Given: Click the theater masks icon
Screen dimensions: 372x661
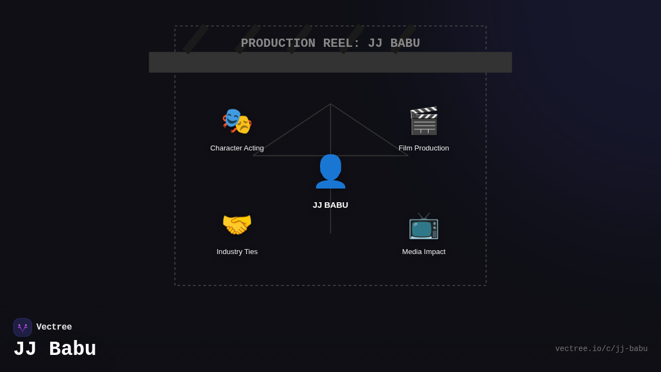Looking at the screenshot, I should pyautogui.click(x=237, y=121).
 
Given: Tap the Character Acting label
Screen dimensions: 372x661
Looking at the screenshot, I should pyautogui.click(x=237, y=148).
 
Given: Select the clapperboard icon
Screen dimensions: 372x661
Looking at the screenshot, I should pyautogui.click(x=424, y=121).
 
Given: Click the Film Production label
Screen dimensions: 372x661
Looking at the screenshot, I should pyautogui.click(x=424, y=148).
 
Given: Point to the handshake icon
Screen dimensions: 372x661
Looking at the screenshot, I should pyautogui.click(x=237, y=224).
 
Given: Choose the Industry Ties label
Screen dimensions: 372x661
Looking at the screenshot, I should pyautogui.click(x=237, y=252).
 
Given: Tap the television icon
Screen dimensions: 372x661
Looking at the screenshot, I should pyautogui.click(x=424, y=225).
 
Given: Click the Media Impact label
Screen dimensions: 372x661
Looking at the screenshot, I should pyautogui.click(x=424, y=252).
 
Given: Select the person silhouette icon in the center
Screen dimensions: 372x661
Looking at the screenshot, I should pyautogui.click(x=330, y=171).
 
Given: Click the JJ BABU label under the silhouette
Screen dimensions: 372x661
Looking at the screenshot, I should pyautogui.click(x=330, y=205).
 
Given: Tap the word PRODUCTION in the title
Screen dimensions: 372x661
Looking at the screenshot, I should pyautogui.click(x=278, y=44).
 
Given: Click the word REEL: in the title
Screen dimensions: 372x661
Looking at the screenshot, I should pyautogui.click(x=342, y=44).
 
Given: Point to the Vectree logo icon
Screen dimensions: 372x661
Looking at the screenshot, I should pyautogui.click(x=23, y=327).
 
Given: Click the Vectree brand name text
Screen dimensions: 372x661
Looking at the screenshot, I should pyautogui.click(x=54, y=327).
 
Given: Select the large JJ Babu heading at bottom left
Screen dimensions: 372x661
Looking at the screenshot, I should pyautogui.click(x=55, y=349).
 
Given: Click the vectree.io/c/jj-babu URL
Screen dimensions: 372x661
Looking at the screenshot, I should pyautogui.click(x=601, y=349).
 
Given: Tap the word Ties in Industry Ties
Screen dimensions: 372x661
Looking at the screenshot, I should pyautogui.click(x=250, y=252).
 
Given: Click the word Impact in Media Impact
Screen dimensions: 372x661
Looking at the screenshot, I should pyautogui.click(x=434, y=252).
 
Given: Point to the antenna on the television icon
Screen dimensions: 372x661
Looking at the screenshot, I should pyautogui.click(x=424, y=215).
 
